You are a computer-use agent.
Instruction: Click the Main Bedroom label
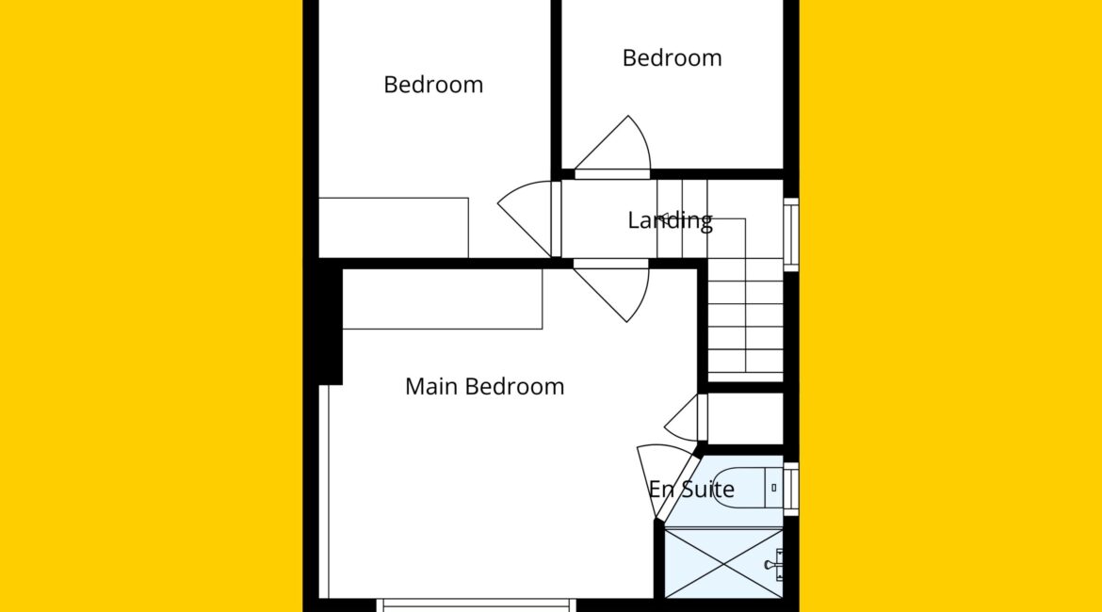coord(484,386)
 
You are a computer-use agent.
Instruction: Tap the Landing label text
coord(670,220)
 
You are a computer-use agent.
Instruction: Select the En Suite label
coord(690,489)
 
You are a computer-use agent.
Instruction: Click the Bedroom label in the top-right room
coord(672,57)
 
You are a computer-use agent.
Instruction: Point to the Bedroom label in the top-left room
coord(433,85)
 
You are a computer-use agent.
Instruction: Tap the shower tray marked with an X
coord(723,564)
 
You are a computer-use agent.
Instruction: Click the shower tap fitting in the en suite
coord(774,565)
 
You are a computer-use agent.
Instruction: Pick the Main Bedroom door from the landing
coord(611,292)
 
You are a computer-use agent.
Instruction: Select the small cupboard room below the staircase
coord(745,419)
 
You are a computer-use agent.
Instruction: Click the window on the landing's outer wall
coord(790,234)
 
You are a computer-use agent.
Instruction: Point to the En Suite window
coord(790,489)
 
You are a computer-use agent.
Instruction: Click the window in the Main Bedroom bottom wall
coord(477,605)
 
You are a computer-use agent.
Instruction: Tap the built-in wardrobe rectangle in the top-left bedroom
coord(394,228)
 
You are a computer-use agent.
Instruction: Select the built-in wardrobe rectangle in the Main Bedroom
coord(442,298)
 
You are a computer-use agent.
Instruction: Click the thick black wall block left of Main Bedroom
coord(331,326)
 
